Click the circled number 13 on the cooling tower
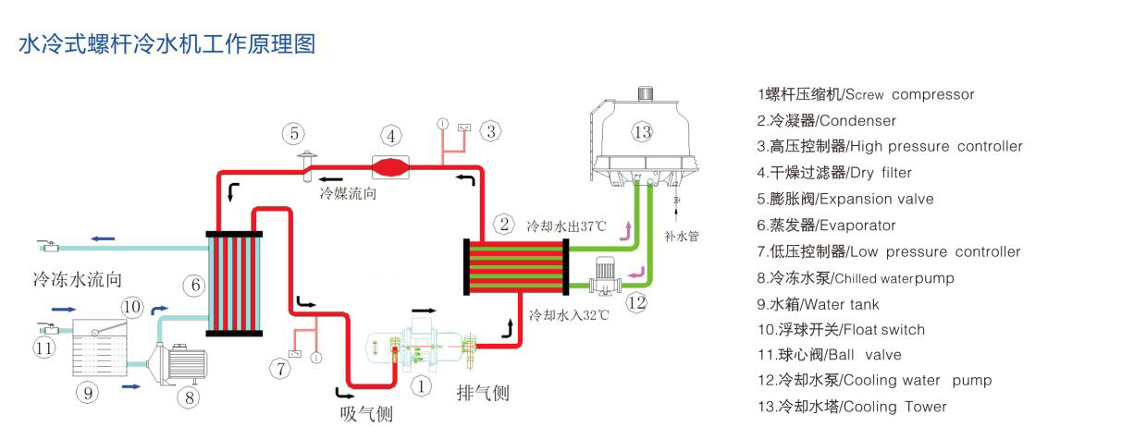pyautogui.click(x=643, y=132)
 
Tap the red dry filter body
pyautogui.click(x=390, y=167)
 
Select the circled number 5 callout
pyautogui.click(x=294, y=134)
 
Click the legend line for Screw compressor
pyautogui.click(x=866, y=94)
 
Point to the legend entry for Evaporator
pyautogui.click(x=826, y=226)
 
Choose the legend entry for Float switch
pyautogui.click(x=841, y=330)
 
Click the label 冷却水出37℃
pyautogui.click(x=566, y=226)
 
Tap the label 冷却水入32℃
pyautogui.click(x=569, y=315)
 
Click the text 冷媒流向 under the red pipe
pyautogui.click(x=348, y=193)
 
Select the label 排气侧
pyautogui.click(x=483, y=393)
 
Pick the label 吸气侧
pyautogui.click(x=366, y=414)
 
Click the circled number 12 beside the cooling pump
pyautogui.click(x=637, y=302)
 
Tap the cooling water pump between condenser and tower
pyautogui.click(x=605, y=275)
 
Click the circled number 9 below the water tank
pyautogui.click(x=88, y=393)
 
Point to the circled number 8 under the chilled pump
pyautogui.click(x=189, y=397)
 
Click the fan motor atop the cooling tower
pyautogui.click(x=645, y=93)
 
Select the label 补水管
pyautogui.click(x=682, y=237)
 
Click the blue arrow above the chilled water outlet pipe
pyautogui.click(x=103, y=238)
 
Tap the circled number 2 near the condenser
pyautogui.click(x=504, y=224)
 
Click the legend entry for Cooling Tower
pyautogui.click(x=852, y=407)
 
